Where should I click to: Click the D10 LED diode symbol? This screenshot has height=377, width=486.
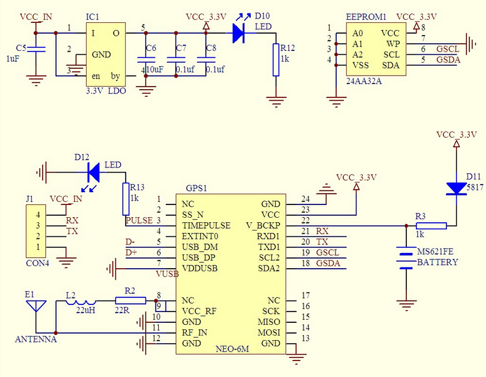click(239, 33)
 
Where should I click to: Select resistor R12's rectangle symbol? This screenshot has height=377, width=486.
click(276, 60)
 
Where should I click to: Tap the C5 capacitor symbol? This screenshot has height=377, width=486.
click(36, 49)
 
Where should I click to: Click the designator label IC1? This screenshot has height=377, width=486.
click(92, 17)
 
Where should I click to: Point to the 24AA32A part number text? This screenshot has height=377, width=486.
click(364, 81)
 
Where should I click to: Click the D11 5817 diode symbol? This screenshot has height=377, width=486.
click(456, 188)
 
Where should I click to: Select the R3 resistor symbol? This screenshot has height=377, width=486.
click(431, 225)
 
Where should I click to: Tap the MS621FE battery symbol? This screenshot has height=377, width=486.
click(406, 257)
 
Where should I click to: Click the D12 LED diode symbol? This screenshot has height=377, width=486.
click(94, 172)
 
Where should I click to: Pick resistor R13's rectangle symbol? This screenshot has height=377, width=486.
click(126, 199)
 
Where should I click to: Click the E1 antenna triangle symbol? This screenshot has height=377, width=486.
click(36, 306)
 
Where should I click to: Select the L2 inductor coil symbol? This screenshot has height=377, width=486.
click(81, 302)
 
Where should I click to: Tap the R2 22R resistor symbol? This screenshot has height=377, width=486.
click(131, 300)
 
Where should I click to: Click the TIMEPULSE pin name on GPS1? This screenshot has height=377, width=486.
click(206, 225)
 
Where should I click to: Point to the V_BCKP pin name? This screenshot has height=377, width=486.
click(263, 225)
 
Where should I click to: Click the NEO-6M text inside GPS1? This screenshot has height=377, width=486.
click(232, 349)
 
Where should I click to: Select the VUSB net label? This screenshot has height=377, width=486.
click(167, 274)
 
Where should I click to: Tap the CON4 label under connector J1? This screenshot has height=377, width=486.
click(38, 264)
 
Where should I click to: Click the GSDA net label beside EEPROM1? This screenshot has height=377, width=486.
click(448, 60)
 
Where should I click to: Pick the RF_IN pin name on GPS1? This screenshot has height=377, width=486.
click(194, 332)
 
